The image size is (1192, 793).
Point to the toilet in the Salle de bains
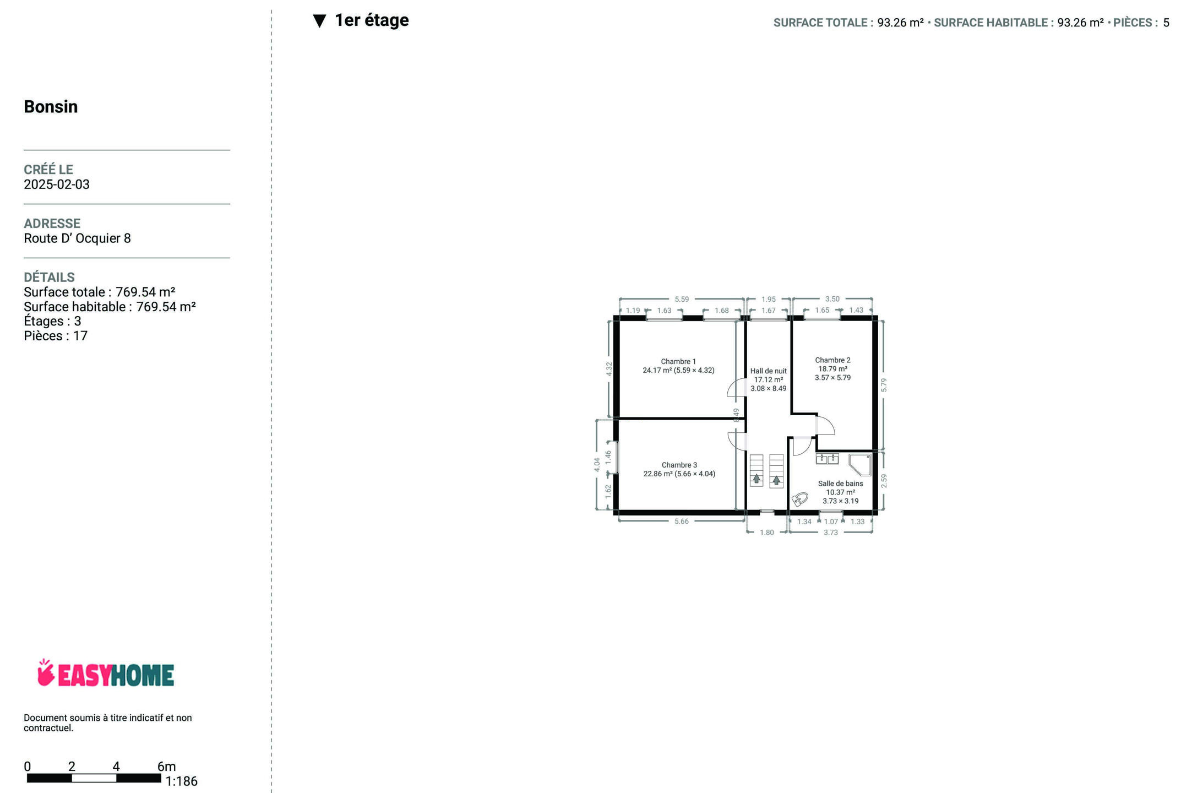(x=799, y=499)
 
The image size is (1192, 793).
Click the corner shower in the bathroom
(x=860, y=464)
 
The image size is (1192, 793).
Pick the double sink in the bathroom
(x=827, y=458)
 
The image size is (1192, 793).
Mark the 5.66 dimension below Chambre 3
(x=681, y=522)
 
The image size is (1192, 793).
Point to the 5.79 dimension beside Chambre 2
(x=884, y=385)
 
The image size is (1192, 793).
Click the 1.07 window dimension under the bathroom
(x=831, y=522)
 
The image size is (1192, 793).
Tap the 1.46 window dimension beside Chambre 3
(x=608, y=457)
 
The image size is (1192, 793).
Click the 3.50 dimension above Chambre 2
(x=832, y=299)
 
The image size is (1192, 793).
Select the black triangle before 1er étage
(x=319, y=21)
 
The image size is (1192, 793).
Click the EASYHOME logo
(x=106, y=673)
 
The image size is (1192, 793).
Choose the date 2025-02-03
(x=57, y=184)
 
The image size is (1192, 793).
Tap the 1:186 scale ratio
(x=181, y=781)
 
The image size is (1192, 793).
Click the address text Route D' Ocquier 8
(x=77, y=238)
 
